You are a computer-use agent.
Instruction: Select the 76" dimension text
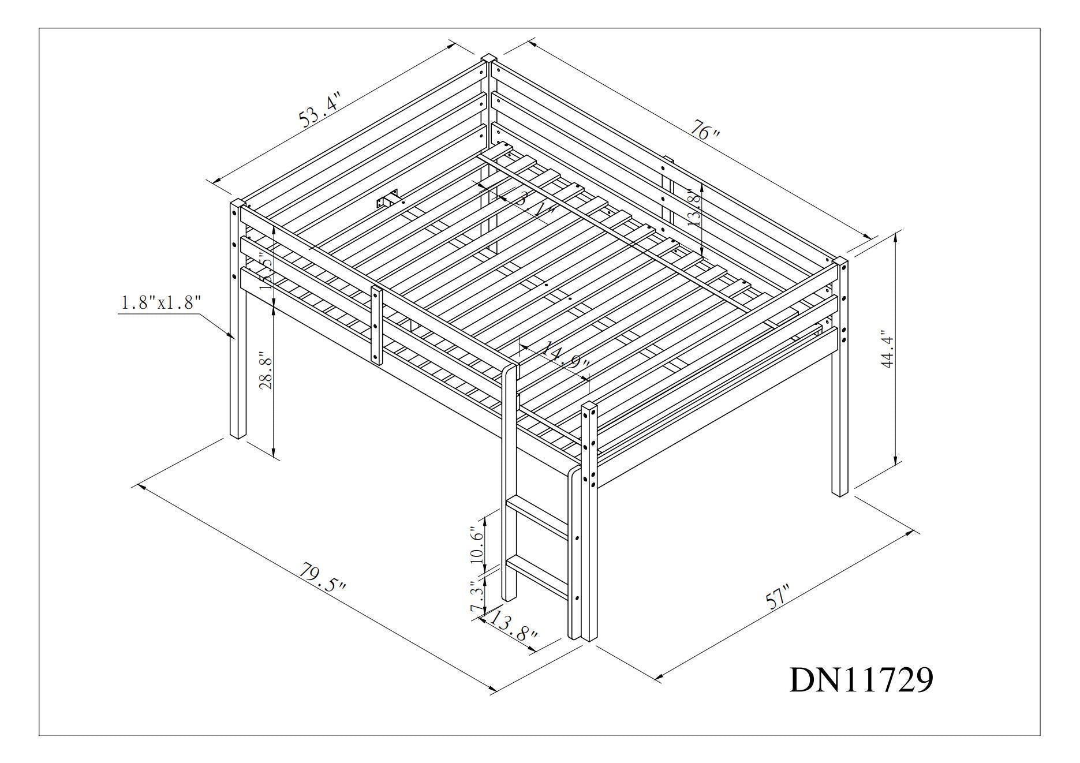pos(705,132)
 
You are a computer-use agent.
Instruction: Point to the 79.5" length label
pos(322,577)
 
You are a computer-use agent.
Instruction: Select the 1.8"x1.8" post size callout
pos(160,303)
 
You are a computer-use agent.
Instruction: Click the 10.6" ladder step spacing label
pos(476,544)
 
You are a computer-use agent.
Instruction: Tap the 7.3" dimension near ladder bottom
pos(476,598)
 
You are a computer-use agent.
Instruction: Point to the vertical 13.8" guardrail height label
pos(694,208)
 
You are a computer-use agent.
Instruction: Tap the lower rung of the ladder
pos(537,574)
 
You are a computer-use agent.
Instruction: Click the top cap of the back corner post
pos(488,58)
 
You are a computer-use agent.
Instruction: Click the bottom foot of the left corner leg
pos(237,433)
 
